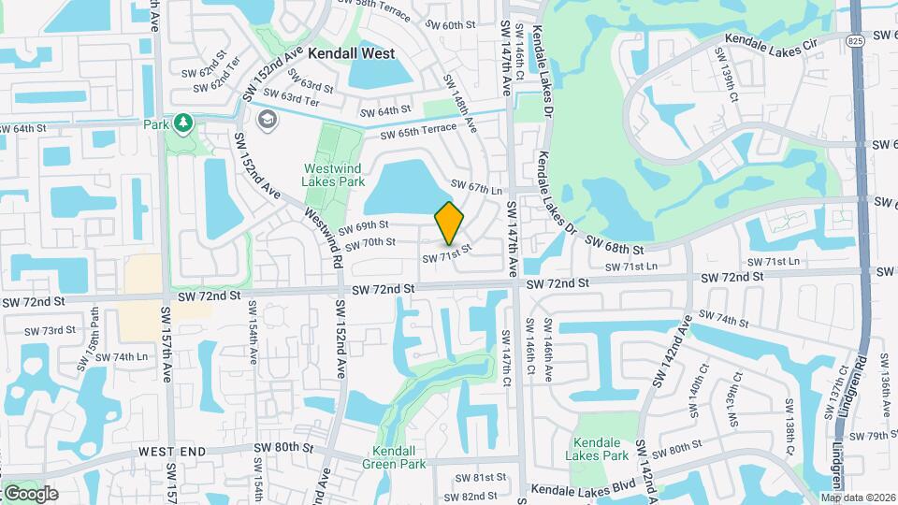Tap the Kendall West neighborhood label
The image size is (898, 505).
coord(351,54)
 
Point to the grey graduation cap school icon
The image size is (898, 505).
coord(268,119)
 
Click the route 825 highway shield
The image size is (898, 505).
coord(856,43)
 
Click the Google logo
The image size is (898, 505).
coord(31,493)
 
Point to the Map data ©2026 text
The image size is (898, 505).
coord(858,498)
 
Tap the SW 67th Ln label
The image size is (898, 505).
coord(471,187)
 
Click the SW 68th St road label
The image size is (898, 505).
coord(615,247)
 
